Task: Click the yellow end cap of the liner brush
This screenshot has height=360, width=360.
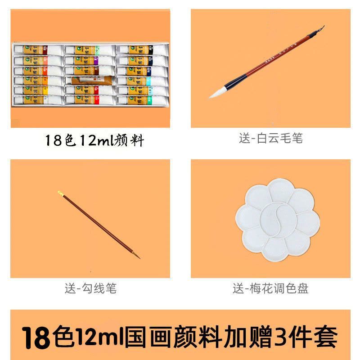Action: tap(60, 193)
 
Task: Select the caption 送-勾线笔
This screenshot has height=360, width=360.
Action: tap(90, 288)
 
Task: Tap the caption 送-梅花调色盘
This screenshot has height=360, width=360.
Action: tap(270, 288)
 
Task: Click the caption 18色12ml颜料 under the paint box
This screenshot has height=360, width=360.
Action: tap(94, 141)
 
